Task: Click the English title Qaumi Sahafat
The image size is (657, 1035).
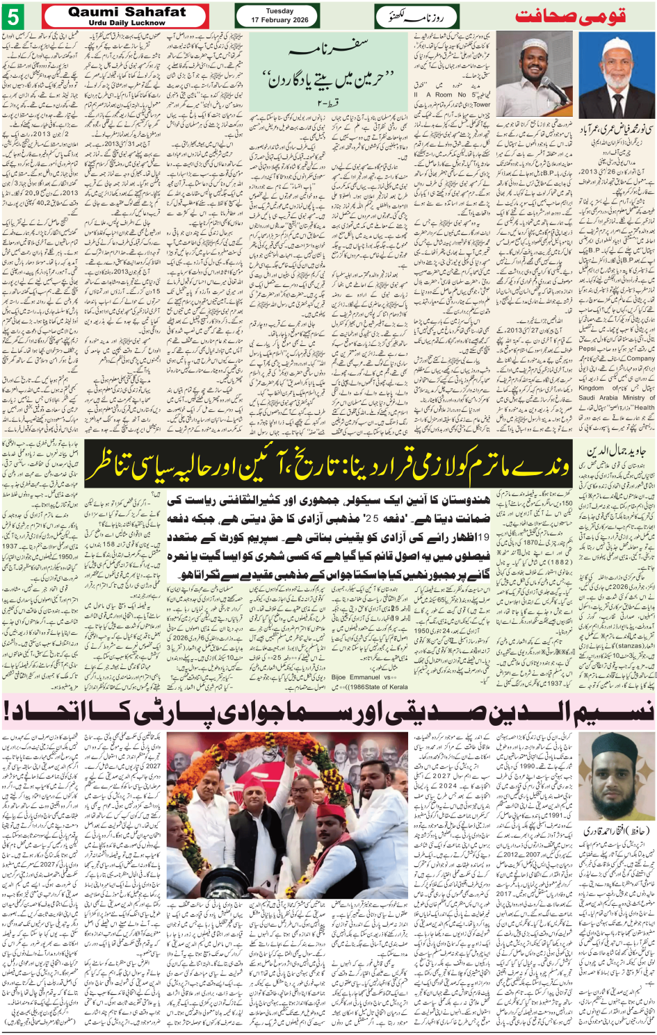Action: (x=127, y=12)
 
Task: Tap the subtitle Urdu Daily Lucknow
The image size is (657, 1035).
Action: (x=127, y=23)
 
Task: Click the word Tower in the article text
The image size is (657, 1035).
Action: (x=481, y=105)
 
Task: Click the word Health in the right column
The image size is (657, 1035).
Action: (x=643, y=408)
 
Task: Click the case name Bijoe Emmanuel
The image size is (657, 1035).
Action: (x=356, y=677)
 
